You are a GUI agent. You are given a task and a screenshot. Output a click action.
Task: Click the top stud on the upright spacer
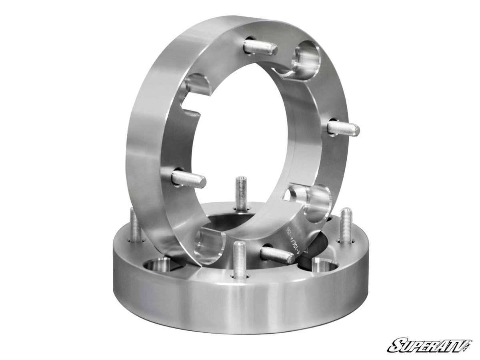click(x=260, y=48)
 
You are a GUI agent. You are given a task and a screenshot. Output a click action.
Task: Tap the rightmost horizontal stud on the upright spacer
click(x=343, y=128)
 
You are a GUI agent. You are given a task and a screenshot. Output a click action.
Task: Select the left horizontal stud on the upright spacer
click(x=188, y=179)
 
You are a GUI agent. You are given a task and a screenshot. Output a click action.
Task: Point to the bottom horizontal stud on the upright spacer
click(x=277, y=255)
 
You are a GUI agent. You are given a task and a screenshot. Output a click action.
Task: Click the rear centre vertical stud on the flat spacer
click(x=241, y=194)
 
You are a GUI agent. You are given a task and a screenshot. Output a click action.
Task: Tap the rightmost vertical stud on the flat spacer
click(x=346, y=225)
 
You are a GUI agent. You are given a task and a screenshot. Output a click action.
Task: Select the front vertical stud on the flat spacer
click(x=239, y=260)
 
